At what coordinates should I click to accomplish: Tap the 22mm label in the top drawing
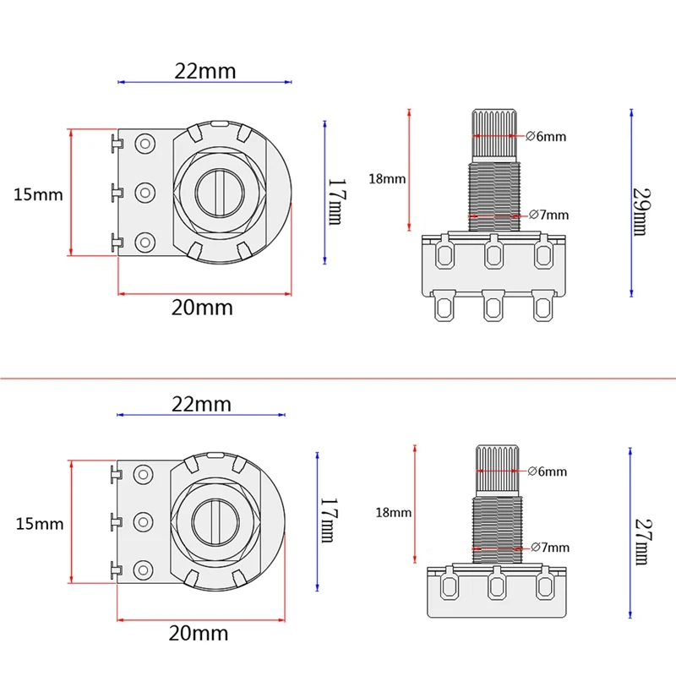(x=205, y=71)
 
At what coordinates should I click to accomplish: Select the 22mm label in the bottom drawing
(x=201, y=404)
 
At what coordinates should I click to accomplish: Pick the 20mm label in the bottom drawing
(x=199, y=633)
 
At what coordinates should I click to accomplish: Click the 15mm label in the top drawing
(x=39, y=194)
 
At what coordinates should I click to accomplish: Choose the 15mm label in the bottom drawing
(x=40, y=523)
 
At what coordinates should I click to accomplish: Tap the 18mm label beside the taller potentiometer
(x=388, y=179)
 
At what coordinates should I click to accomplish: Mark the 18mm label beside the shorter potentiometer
(x=392, y=512)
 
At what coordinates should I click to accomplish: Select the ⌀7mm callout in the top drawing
(x=548, y=215)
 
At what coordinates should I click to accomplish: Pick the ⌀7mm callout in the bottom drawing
(x=549, y=548)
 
